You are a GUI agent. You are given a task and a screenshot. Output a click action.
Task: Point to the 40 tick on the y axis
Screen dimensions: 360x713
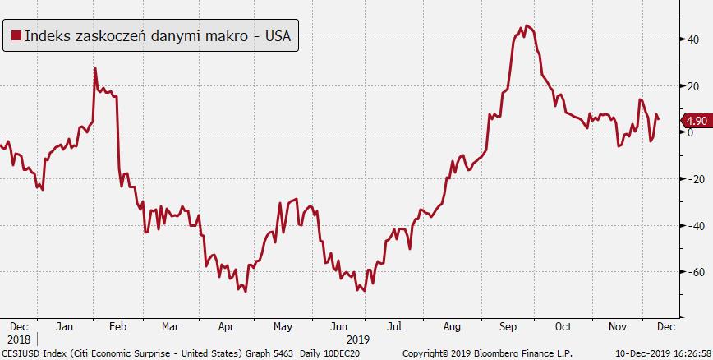coord(694,39)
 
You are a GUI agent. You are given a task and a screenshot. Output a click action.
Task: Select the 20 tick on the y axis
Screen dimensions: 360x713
coord(694,85)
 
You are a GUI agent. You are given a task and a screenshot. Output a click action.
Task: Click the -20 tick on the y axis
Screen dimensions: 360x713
coord(692,178)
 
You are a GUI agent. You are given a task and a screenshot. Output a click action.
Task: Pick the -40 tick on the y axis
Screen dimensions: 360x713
coord(692,225)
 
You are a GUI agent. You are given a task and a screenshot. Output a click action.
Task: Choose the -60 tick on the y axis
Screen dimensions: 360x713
coord(692,272)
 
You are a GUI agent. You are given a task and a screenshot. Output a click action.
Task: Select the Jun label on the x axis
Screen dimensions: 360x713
coord(338,325)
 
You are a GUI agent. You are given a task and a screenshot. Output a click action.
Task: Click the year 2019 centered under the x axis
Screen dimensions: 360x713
coord(357,339)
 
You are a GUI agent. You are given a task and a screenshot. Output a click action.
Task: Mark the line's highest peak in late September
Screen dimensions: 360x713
coord(527,26)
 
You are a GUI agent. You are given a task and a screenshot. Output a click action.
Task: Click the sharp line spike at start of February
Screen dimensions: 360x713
coord(95,68)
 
